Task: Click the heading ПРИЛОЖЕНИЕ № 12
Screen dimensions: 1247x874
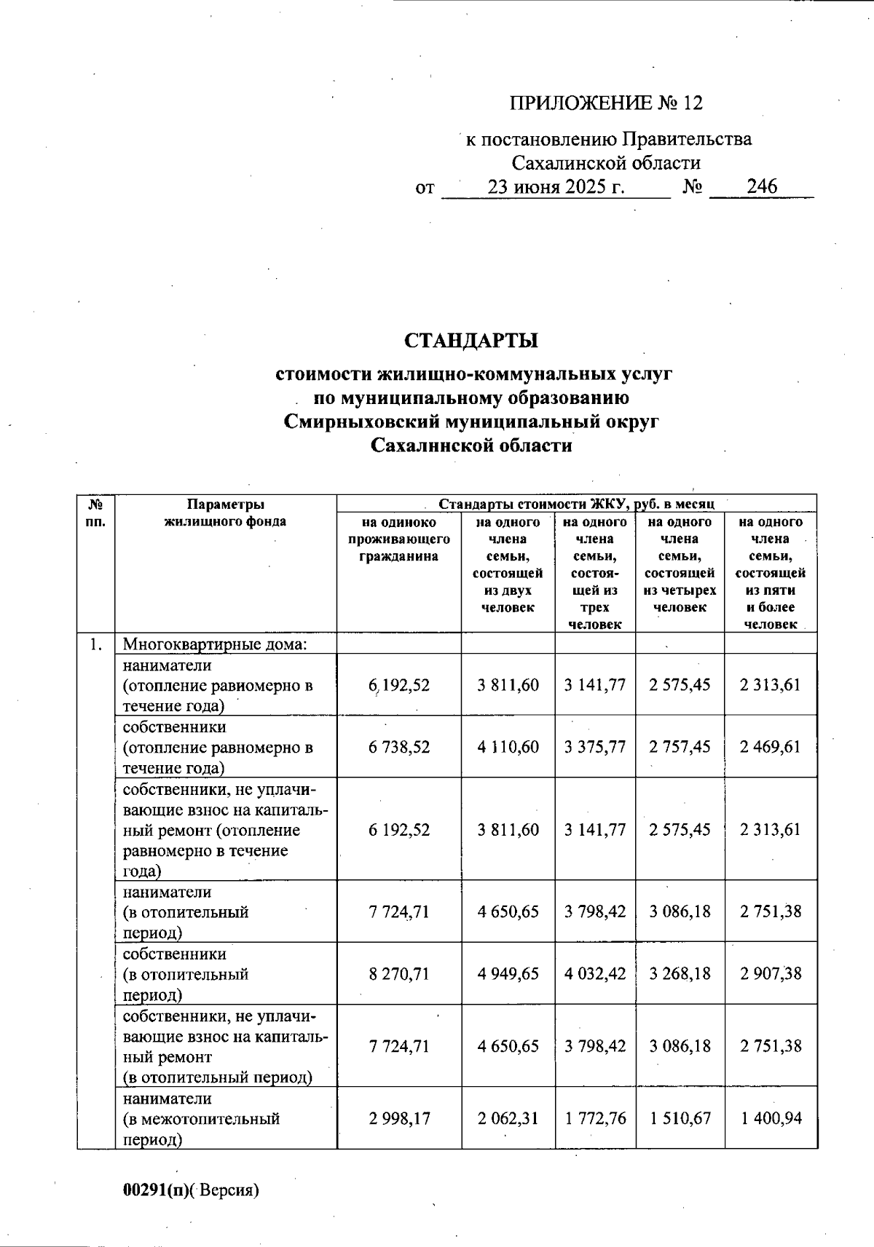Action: point(606,103)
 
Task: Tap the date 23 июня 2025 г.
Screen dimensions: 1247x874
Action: point(556,187)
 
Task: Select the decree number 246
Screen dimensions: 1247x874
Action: point(762,186)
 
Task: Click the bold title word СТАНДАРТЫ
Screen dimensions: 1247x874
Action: point(471,341)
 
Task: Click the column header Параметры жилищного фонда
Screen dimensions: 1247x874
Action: point(225,512)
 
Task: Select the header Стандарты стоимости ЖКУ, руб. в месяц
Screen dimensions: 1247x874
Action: point(576,504)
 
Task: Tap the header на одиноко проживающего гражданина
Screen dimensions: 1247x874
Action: point(398,539)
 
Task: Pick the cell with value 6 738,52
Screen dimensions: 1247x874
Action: point(398,747)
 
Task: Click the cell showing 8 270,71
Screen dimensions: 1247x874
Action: point(398,973)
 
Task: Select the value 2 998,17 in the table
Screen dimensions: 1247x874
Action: point(398,1117)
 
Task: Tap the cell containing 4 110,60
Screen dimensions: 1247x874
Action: point(508,747)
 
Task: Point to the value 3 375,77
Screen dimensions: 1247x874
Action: point(594,747)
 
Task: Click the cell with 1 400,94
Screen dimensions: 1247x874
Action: point(771,1117)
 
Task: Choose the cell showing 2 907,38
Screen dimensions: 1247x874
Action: point(771,973)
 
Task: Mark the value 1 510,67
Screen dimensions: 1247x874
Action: point(680,1117)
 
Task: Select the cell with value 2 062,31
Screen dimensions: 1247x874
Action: point(508,1117)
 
